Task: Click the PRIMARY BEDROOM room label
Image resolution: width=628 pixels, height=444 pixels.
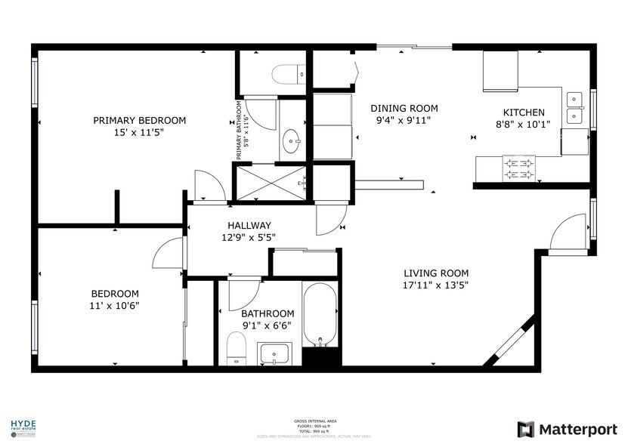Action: pyautogui.click(x=139, y=120)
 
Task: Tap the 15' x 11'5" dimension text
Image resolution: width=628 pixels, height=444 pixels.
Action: pyautogui.click(x=139, y=132)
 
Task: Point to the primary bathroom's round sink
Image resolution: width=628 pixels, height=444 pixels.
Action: pyautogui.click(x=292, y=140)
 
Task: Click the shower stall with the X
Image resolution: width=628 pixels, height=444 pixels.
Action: pyautogui.click(x=271, y=182)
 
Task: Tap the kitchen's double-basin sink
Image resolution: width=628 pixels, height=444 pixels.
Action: pyautogui.click(x=576, y=107)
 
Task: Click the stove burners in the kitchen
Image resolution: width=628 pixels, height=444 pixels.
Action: pyautogui.click(x=519, y=169)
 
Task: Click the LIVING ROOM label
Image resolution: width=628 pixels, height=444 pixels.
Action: pyautogui.click(x=435, y=273)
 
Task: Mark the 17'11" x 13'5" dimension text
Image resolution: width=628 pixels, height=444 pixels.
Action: pyautogui.click(x=435, y=285)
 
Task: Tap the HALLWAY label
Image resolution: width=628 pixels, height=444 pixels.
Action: pyautogui.click(x=249, y=225)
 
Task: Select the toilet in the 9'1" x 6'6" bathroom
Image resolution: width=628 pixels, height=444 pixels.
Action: pyautogui.click(x=237, y=349)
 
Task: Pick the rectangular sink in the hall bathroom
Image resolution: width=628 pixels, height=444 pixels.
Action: pyautogui.click(x=274, y=353)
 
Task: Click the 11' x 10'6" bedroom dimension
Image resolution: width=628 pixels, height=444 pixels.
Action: pyautogui.click(x=115, y=306)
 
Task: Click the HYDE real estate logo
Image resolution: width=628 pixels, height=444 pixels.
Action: pyautogui.click(x=23, y=427)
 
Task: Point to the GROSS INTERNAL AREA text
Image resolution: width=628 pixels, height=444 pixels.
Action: pyautogui.click(x=314, y=422)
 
